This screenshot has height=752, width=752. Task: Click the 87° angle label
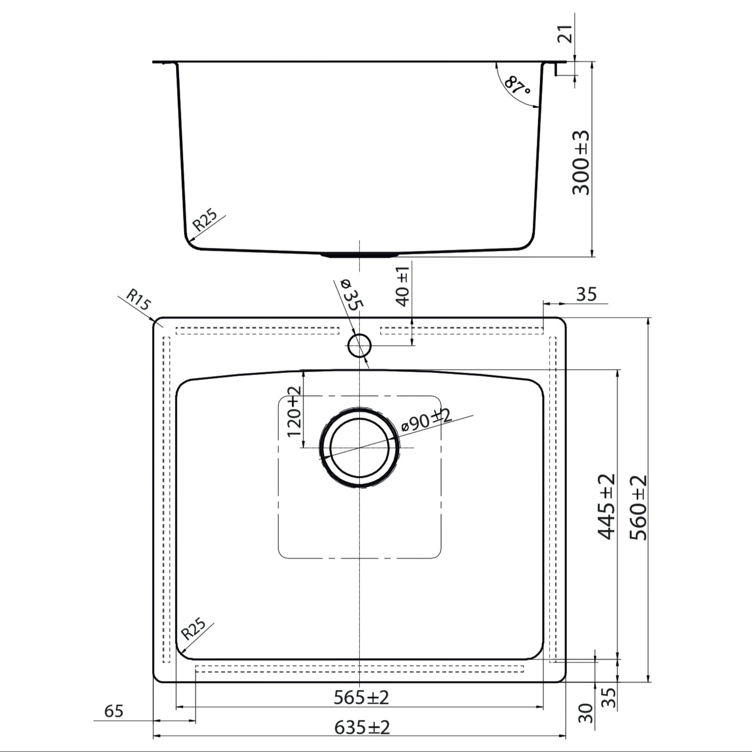tap(517, 86)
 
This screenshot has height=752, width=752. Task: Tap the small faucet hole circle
tap(359, 345)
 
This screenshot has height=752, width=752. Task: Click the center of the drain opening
tap(359, 447)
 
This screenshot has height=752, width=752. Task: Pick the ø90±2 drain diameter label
tap(426, 421)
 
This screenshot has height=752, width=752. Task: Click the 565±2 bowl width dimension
tap(361, 698)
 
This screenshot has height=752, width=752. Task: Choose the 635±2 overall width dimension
tap(362, 727)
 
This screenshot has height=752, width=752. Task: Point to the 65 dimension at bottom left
tap(114, 711)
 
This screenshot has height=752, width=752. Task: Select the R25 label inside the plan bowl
tap(194, 629)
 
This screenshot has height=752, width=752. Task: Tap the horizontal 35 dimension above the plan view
tap(586, 294)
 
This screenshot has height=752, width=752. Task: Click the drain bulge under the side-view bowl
tap(359, 255)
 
